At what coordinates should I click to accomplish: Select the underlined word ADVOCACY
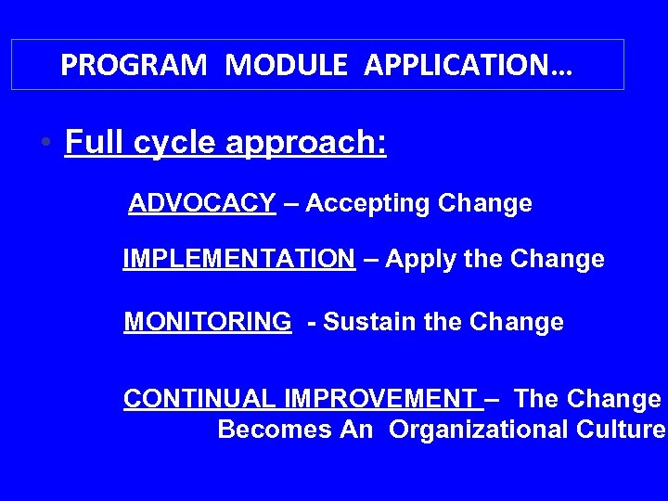click(x=202, y=203)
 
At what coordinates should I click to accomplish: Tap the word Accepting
click(x=367, y=203)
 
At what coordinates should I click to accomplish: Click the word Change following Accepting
click(x=486, y=203)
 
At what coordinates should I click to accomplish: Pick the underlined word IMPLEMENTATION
click(x=238, y=259)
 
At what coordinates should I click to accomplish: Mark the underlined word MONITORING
click(x=207, y=322)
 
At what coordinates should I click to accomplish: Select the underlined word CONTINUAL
click(x=200, y=399)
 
